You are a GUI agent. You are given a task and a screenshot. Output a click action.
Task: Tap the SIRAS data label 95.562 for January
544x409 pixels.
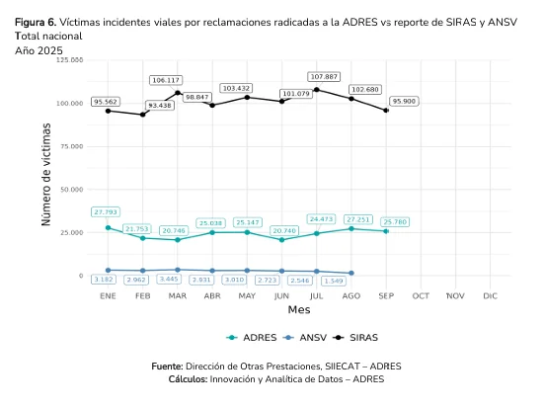click(107, 102)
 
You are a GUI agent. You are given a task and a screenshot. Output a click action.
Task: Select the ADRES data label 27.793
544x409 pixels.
click(107, 211)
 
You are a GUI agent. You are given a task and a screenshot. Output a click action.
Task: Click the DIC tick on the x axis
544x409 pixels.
click(490, 295)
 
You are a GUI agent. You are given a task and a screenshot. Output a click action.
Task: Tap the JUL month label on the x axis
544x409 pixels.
click(316, 295)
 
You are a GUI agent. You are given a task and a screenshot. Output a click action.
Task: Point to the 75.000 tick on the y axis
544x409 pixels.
click(69, 146)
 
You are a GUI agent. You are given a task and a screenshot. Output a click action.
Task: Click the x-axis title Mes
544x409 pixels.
click(298, 310)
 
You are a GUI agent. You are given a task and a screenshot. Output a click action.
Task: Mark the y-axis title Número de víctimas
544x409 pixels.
click(46, 169)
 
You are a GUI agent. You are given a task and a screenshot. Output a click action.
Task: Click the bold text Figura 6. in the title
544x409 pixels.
click(35, 21)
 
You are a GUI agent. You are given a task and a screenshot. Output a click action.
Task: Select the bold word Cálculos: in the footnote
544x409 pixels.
click(188, 378)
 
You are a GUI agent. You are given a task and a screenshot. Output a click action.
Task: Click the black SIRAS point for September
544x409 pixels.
click(386, 111)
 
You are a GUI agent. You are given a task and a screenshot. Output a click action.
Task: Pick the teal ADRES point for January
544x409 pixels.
click(108, 227)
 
